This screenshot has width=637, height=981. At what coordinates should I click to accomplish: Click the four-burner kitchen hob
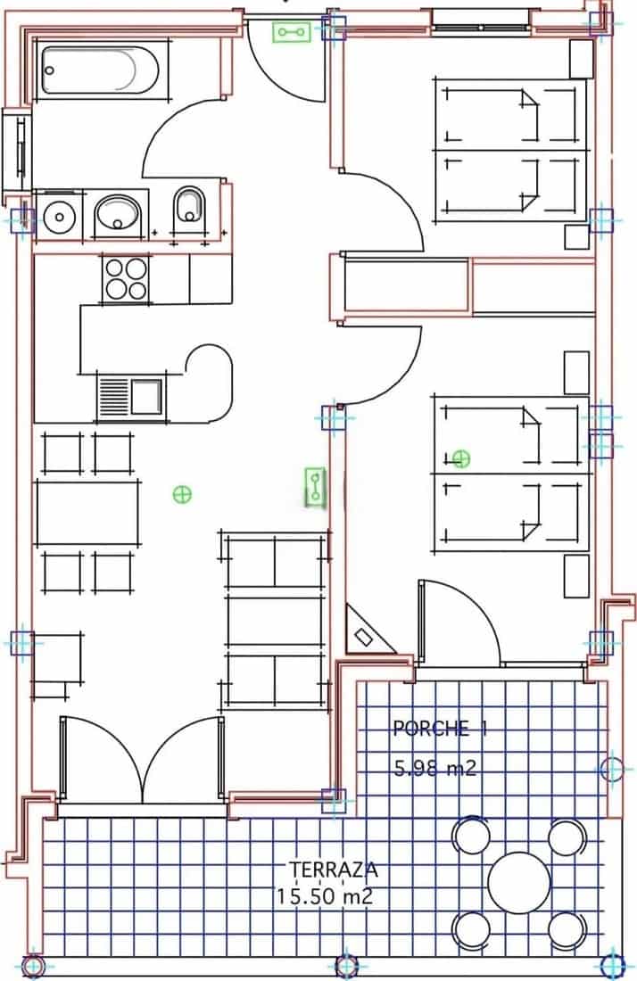[126, 277]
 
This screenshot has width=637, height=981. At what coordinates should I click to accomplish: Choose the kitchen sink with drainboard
[130, 395]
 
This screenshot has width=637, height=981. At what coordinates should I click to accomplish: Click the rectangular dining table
[87, 512]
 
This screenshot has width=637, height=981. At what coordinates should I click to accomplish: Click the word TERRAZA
[321, 868]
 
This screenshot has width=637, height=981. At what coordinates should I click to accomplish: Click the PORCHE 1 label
[440, 729]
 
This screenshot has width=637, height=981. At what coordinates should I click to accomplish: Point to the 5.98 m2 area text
[435, 767]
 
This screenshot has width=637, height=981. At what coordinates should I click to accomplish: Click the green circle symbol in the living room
[182, 493]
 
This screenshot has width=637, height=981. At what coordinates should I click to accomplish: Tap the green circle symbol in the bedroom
[461, 459]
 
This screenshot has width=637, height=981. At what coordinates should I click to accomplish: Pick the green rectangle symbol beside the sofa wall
[315, 487]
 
